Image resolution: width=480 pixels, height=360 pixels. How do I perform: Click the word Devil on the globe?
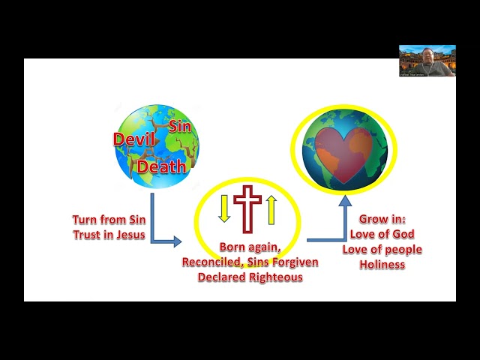click(129, 139)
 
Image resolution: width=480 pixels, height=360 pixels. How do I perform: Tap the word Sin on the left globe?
click(179, 126)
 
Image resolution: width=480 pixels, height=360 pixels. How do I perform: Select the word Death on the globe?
click(162, 166)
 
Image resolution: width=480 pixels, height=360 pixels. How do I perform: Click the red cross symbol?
click(247, 208)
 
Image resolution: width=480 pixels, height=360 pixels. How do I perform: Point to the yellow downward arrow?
click(223, 208)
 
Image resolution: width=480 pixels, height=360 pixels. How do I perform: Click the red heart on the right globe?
click(343, 155)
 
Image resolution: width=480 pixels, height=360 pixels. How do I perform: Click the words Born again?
click(249, 247)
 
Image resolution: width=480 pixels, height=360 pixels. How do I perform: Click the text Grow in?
click(382, 220)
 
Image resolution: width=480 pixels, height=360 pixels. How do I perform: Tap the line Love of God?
click(382, 235)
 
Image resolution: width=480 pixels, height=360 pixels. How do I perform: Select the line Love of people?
click(382, 250)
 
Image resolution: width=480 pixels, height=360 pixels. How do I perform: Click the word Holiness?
click(382, 264)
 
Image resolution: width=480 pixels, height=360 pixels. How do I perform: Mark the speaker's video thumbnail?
click(427, 60)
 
